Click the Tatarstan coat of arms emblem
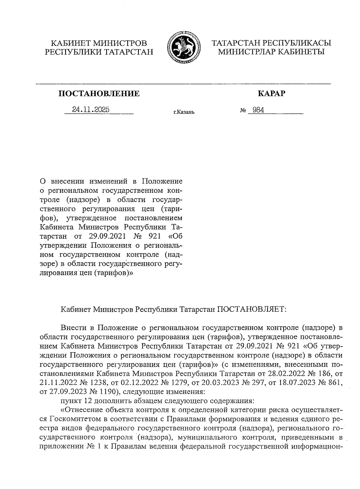click(x=182, y=48)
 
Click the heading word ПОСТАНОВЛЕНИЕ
click(x=99, y=94)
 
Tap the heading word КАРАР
click(x=271, y=94)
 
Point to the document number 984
click(x=258, y=110)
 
